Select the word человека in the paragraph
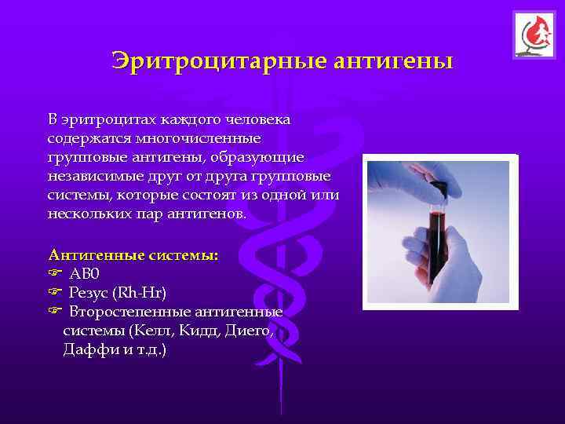258,120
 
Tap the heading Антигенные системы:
133,255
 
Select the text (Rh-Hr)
139,293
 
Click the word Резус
89,293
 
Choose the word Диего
247,331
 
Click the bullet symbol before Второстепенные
54,312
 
